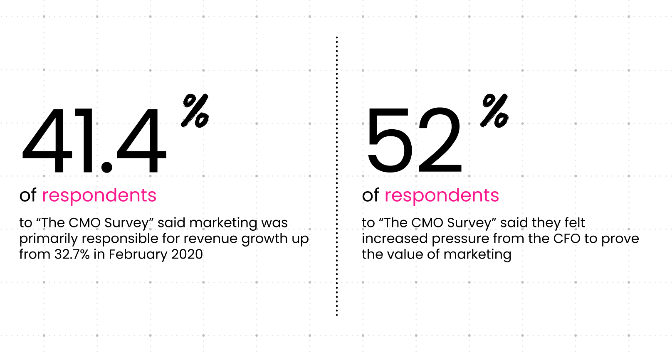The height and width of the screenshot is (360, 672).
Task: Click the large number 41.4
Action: coord(94,141)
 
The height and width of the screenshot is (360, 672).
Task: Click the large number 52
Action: coord(414,141)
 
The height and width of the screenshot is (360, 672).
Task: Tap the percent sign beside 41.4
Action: coord(195,111)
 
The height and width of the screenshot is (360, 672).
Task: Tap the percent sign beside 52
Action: coord(494,111)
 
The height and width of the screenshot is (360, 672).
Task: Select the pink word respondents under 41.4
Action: coord(99,195)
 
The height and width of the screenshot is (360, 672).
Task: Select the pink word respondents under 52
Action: coord(442,195)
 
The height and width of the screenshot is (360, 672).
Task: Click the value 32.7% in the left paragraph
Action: coord(72,254)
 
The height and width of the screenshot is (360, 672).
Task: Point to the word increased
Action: coord(395,239)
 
